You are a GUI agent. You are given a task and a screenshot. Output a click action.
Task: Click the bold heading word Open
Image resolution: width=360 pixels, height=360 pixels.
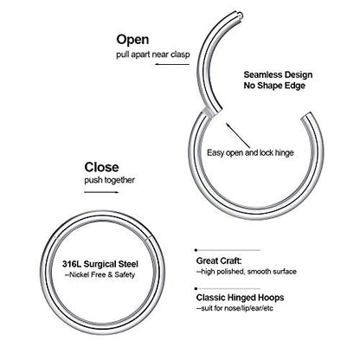[132, 40]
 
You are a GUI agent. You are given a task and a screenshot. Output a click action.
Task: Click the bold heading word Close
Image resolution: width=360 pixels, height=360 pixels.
[101, 167]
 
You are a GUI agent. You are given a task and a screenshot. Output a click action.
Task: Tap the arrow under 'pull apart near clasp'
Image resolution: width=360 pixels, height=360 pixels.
[172, 64]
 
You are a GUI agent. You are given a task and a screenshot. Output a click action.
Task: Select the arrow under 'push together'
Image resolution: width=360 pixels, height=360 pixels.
[101, 192]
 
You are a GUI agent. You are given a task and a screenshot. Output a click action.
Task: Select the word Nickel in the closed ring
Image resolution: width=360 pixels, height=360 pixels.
[80, 274]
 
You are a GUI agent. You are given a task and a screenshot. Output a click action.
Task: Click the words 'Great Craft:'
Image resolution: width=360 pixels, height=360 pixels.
[219, 260]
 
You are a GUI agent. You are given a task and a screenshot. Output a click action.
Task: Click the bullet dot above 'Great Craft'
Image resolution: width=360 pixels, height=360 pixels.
[196, 250]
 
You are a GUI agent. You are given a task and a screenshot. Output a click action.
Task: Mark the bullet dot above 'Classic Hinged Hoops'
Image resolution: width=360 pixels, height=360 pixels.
[196, 288]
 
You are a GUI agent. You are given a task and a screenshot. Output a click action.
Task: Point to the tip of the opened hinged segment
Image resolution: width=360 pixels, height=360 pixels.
[240, 15]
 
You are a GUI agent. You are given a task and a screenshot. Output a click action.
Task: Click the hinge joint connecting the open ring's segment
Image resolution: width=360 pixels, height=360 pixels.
[210, 112]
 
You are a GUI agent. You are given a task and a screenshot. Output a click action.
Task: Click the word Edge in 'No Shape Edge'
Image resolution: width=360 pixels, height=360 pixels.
[295, 86]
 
